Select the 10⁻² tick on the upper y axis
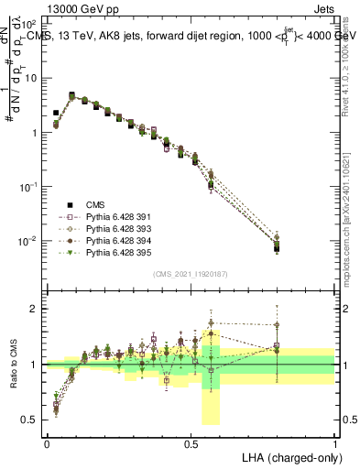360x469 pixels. tap(31, 241)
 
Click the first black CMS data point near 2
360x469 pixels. tap(56, 113)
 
